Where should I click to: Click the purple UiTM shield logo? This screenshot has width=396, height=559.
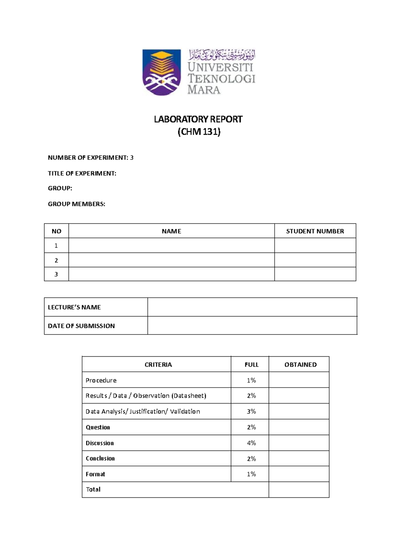click(x=161, y=72)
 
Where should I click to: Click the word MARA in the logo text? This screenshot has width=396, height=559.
click(x=204, y=90)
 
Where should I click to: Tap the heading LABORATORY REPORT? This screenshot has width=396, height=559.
click(x=198, y=119)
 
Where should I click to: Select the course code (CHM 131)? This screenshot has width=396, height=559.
click(x=199, y=132)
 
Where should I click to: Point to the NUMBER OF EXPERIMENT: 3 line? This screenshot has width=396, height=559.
click(x=90, y=158)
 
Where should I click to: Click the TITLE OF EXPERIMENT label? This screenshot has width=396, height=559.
click(x=82, y=173)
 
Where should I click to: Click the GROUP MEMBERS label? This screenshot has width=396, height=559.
click(x=76, y=204)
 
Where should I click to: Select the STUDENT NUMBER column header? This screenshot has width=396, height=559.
click(x=315, y=231)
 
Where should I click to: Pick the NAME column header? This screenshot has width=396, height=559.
click(x=171, y=231)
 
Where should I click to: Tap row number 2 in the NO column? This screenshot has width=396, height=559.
click(x=56, y=260)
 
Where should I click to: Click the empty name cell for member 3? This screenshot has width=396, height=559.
click(x=171, y=274)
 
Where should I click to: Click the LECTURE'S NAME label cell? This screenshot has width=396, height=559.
click(x=74, y=307)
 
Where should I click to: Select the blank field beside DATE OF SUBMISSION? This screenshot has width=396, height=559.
click(x=252, y=326)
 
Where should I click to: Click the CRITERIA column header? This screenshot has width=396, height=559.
click(x=158, y=365)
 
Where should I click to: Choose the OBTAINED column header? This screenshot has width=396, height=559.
click(x=300, y=365)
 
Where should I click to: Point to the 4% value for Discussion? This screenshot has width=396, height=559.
click(x=251, y=443)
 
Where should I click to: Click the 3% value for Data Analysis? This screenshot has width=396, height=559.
click(x=251, y=411)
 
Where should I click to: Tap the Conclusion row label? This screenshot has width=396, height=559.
click(x=100, y=458)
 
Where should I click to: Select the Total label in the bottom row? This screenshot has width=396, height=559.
click(x=93, y=489)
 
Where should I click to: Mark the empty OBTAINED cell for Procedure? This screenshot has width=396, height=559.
click(x=299, y=380)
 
